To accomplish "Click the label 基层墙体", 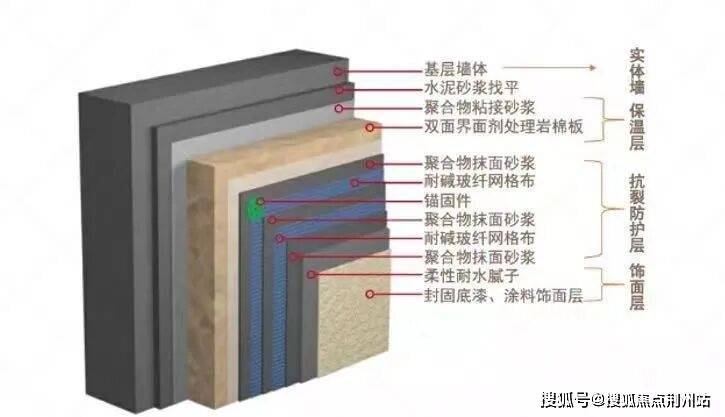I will pos(456,71).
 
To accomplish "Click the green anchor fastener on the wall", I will pos(252,208).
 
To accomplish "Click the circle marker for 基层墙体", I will pos(340,71).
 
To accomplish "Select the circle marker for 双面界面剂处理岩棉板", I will pos(371,127).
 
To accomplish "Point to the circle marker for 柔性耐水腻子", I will pos(311,274).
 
